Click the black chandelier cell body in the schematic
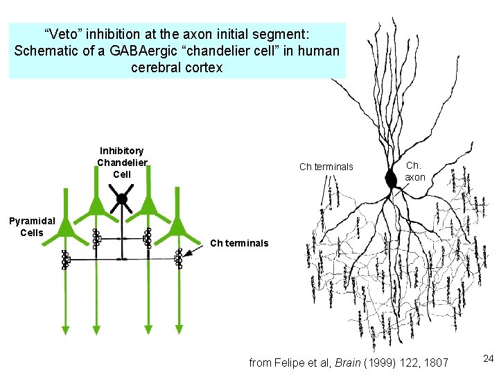click(122, 199)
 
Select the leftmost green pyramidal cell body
click(65, 227)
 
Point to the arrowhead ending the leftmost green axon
click(66, 328)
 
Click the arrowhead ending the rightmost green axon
click(179, 328)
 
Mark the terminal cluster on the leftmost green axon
click(66, 260)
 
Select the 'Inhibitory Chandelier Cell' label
click(122, 162)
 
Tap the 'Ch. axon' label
click(415, 172)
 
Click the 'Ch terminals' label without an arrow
click(326, 167)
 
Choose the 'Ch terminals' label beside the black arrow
click(238, 243)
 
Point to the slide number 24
click(488, 358)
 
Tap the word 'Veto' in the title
click(58, 33)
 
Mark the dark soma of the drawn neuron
click(391, 179)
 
